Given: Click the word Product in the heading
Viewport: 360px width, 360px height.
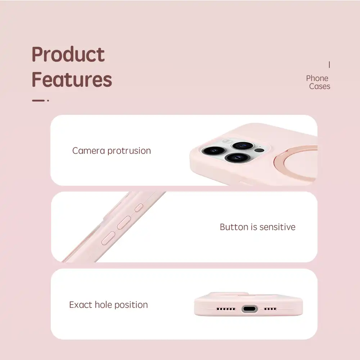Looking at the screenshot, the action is (x=68, y=54).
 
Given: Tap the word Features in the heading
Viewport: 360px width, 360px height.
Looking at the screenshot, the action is (x=72, y=79).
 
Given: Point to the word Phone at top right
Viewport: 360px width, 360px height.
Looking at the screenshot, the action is (x=317, y=78).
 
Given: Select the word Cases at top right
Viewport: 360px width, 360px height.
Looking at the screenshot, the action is (x=320, y=86).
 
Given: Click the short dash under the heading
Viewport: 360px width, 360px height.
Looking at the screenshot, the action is (x=38, y=100).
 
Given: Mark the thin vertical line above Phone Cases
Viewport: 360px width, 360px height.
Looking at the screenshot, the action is (x=329, y=64).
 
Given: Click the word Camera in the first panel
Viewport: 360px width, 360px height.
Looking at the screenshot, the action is (x=89, y=151).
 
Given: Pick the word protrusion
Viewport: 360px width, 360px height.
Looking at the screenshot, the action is (x=129, y=151).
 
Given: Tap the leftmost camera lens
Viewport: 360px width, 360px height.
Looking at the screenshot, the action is (x=213, y=151).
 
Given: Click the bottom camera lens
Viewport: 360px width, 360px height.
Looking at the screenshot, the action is (x=237, y=158).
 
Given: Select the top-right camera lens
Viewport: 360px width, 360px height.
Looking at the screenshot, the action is (x=243, y=145).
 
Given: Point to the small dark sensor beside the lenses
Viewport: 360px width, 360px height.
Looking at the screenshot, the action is (x=260, y=150).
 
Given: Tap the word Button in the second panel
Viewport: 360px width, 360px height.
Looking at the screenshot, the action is (x=234, y=227).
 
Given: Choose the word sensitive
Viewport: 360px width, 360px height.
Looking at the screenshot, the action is (x=278, y=227).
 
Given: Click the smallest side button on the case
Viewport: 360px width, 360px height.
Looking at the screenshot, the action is (x=139, y=208).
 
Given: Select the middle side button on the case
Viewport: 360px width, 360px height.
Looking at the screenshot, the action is (x=124, y=222).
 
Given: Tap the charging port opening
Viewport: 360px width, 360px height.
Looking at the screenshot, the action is (x=249, y=309).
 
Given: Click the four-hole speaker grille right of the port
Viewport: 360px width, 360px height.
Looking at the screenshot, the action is (x=270, y=309).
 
